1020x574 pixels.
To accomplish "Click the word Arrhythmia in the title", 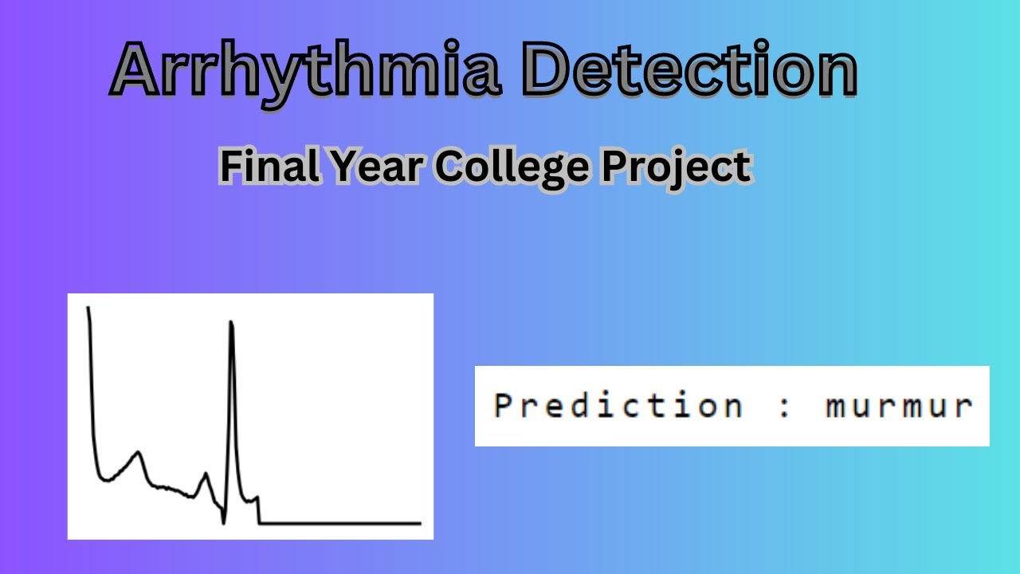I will point(307,72).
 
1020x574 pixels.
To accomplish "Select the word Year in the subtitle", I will point(371,167).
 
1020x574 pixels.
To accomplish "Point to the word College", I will point(510,168).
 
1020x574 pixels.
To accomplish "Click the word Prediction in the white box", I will point(618,405).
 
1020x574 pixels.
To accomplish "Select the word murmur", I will point(899,407).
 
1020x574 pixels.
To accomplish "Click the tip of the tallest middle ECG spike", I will point(231,322).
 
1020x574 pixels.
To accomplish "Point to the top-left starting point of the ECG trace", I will point(88,307).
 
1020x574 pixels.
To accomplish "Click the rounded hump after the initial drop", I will point(138,454).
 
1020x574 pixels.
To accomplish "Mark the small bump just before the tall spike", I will point(206,474).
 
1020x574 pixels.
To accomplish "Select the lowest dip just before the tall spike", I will point(223,523).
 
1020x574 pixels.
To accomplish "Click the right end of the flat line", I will point(419,524).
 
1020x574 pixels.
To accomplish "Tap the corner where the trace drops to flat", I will point(260,523).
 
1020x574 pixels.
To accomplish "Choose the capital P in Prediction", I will point(502,405).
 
